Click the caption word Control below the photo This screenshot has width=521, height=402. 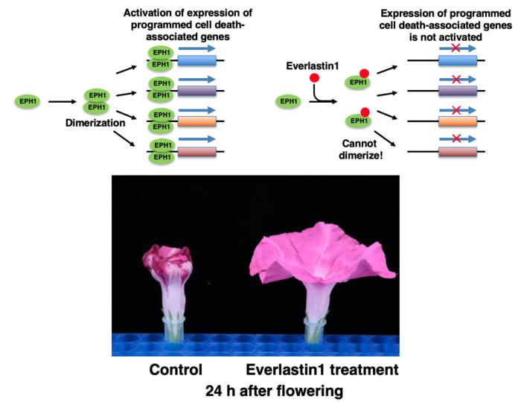pos(176,369)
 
